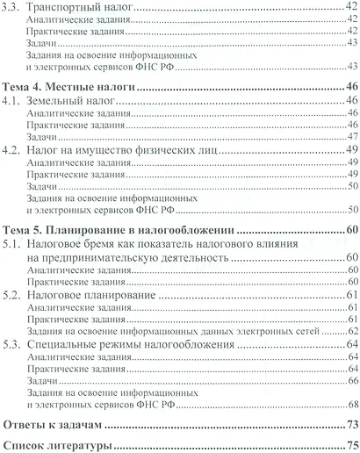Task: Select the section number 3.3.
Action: (x=12, y=8)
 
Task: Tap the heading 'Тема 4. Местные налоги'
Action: (x=63, y=88)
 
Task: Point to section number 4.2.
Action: (x=12, y=151)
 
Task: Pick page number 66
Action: (x=351, y=380)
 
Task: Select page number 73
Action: (x=351, y=425)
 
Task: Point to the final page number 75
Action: (x=351, y=445)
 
